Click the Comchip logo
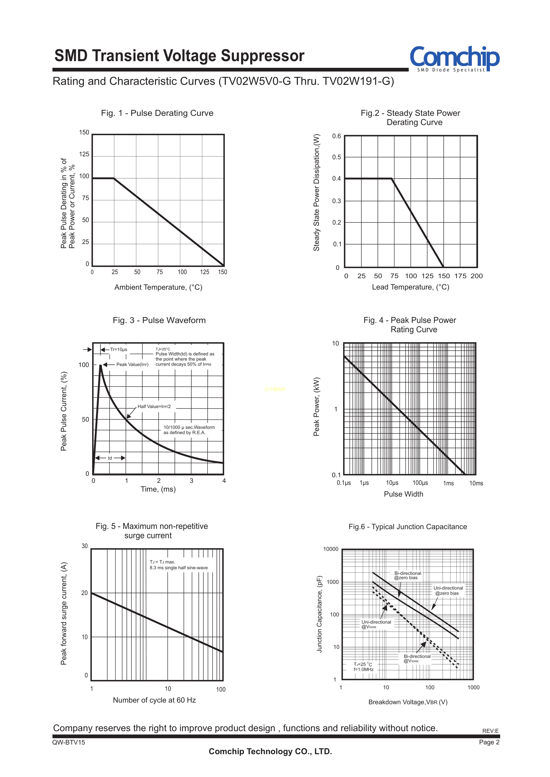pos(454,58)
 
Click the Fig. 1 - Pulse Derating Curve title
pos(157,113)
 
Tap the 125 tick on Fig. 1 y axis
pos(84,154)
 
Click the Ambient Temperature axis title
pos(158,287)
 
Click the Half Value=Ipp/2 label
pos(154,406)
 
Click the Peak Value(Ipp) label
pos(132,365)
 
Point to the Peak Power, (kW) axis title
pos(316,406)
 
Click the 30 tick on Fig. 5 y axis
pos(85,546)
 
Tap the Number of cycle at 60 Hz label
pos(155,700)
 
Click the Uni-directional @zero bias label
pos(448,591)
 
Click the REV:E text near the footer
pos(490,731)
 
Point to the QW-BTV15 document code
pos(69,742)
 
